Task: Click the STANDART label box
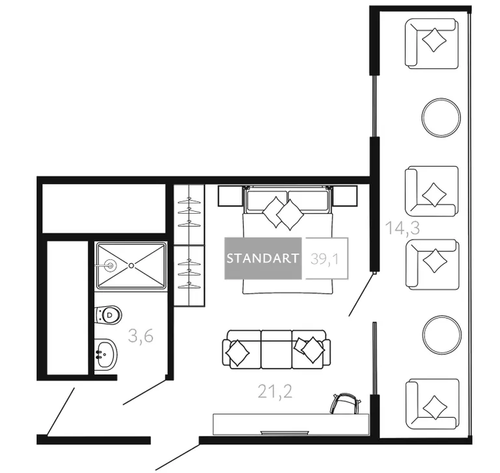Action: pos(263,258)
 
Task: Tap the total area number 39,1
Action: pos(325,259)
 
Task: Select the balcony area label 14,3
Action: pos(402,228)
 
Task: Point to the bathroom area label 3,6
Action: pos(141,336)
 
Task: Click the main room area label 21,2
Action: pos(275,392)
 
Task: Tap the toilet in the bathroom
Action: pos(108,315)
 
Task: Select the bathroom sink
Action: pos(106,354)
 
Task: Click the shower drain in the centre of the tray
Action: pos(131,265)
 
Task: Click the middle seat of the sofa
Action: pos(277,349)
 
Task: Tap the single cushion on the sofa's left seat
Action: pos(237,352)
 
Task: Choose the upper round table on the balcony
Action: pos(441,117)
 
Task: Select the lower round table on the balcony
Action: pos(441,335)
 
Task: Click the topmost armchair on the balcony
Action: pos(432,44)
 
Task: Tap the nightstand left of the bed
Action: pos(230,196)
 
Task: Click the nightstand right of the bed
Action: pos(344,196)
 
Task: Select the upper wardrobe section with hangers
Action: pos(189,214)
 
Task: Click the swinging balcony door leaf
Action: pos(361,294)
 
